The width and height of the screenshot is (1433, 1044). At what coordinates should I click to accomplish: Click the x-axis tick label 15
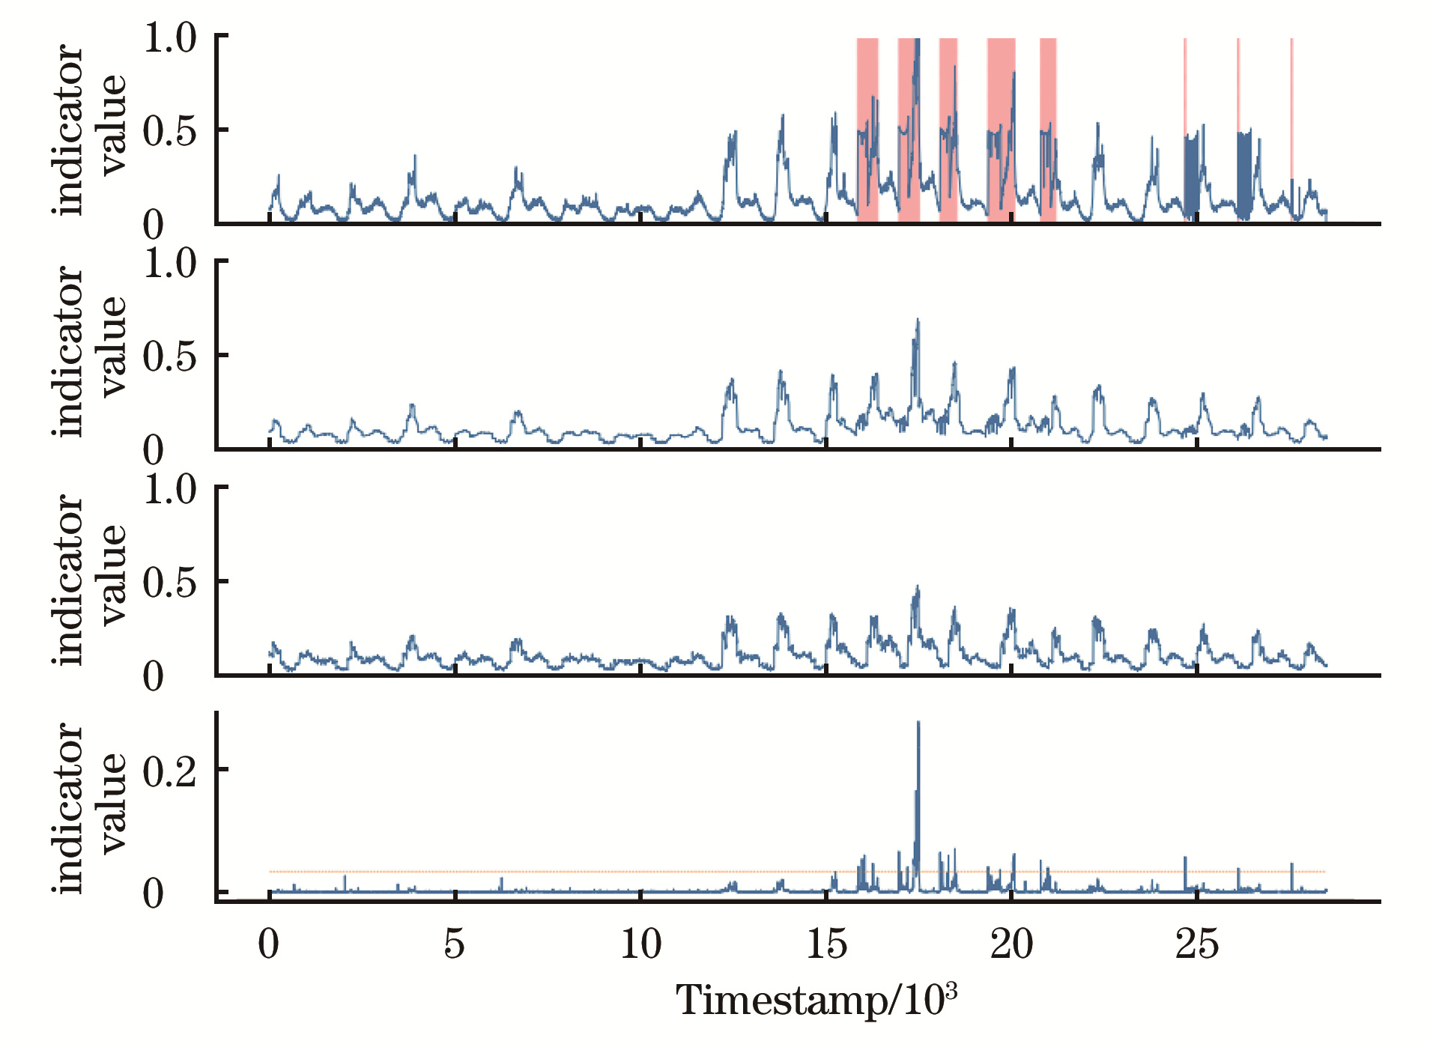tap(826, 944)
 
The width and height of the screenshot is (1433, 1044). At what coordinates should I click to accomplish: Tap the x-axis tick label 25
tap(1196, 944)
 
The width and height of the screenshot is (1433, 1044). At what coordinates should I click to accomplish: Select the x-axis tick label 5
tap(455, 944)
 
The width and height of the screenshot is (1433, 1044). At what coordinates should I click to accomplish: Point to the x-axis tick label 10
tap(640, 944)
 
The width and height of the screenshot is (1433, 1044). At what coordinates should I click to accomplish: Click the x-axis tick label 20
tap(1011, 944)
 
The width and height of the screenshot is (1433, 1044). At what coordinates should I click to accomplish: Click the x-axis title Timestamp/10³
tap(817, 1000)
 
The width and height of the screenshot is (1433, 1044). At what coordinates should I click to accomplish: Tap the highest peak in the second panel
tap(918, 322)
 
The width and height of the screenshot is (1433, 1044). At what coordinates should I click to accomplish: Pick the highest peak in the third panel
tap(918, 589)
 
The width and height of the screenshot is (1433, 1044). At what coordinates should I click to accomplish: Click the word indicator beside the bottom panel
tap(69, 809)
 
